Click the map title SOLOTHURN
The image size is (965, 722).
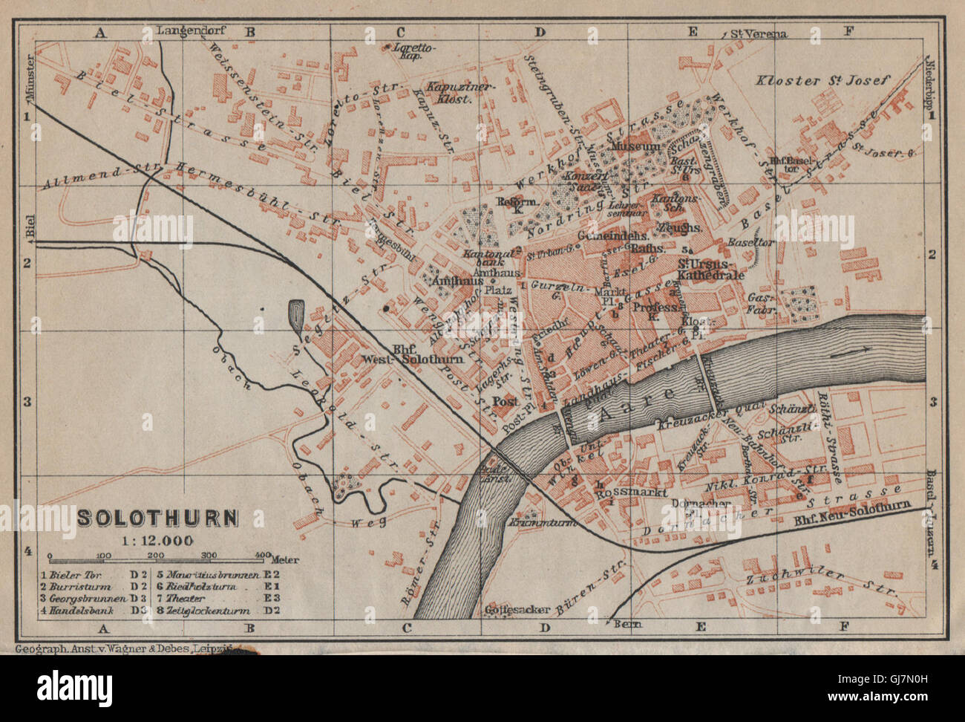pyautogui.click(x=158, y=517)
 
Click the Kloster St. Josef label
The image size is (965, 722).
pyautogui.click(x=821, y=80)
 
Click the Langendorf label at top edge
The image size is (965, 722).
pyautogui.click(x=190, y=31)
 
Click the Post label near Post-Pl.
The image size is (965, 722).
pyautogui.click(x=505, y=401)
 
